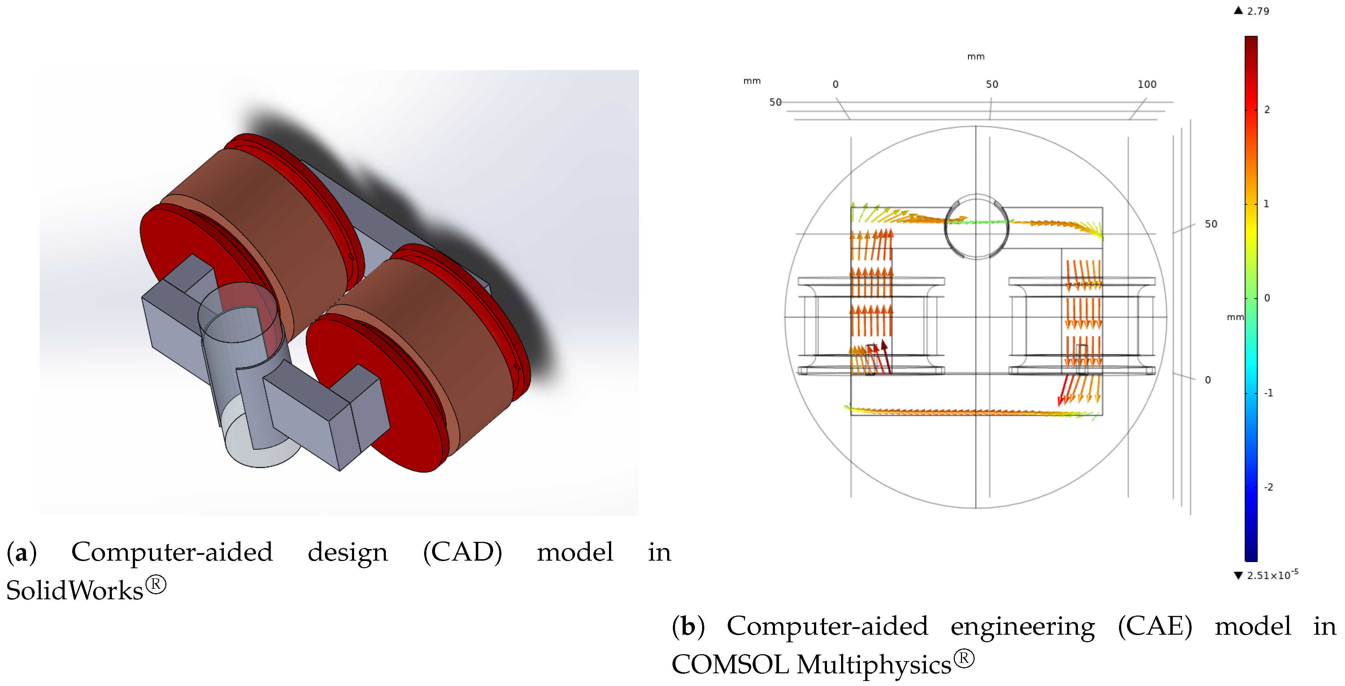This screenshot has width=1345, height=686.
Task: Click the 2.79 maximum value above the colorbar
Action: pyautogui.click(x=1257, y=11)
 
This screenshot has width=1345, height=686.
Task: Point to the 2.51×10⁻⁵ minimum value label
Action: pyautogui.click(x=1272, y=575)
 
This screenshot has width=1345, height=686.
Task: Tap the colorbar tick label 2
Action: pyautogui.click(x=1267, y=110)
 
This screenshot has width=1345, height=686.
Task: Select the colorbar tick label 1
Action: pyautogui.click(x=1266, y=204)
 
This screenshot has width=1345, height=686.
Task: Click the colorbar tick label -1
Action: pyautogui.click(x=1268, y=393)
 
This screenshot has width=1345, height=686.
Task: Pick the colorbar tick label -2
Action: pyautogui.click(x=1268, y=487)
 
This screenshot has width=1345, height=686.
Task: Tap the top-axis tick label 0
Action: pyautogui.click(x=835, y=84)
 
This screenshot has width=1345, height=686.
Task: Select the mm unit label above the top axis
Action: pyautogui.click(x=975, y=56)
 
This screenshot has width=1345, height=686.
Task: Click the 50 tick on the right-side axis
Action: pyautogui.click(x=1211, y=224)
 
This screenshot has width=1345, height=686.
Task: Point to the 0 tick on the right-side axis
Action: pyautogui.click(x=1208, y=380)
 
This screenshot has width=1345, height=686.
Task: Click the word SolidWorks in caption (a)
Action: pyautogui.click(x=75, y=590)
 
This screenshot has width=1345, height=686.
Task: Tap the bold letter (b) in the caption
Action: pyautogui.click(x=688, y=626)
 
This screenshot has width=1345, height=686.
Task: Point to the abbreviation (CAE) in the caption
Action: pyautogui.click(x=1155, y=626)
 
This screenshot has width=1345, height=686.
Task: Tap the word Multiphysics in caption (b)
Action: pyautogui.click(x=874, y=665)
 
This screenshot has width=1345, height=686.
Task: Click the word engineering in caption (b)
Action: pyautogui.click(x=1022, y=626)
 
